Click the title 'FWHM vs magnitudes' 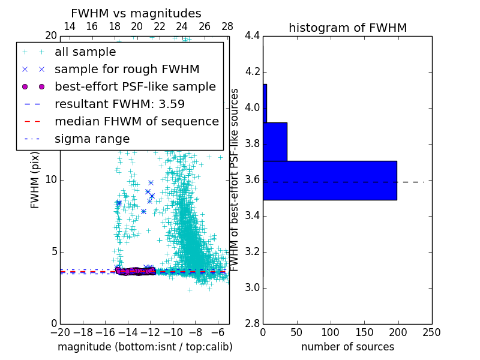click(136, 13)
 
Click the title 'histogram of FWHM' click(347, 28)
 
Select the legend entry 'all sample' click(85, 52)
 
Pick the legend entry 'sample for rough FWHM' click(127, 69)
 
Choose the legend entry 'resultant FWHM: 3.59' click(119, 104)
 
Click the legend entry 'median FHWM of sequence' click(136, 121)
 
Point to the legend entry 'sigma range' click(92, 139)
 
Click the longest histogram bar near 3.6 click(330, 180)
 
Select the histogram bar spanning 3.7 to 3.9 click(275, 142)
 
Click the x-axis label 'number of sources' click(347, 347)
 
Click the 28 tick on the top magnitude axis click(227, 26)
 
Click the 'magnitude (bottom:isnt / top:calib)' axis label click(145, 347)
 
